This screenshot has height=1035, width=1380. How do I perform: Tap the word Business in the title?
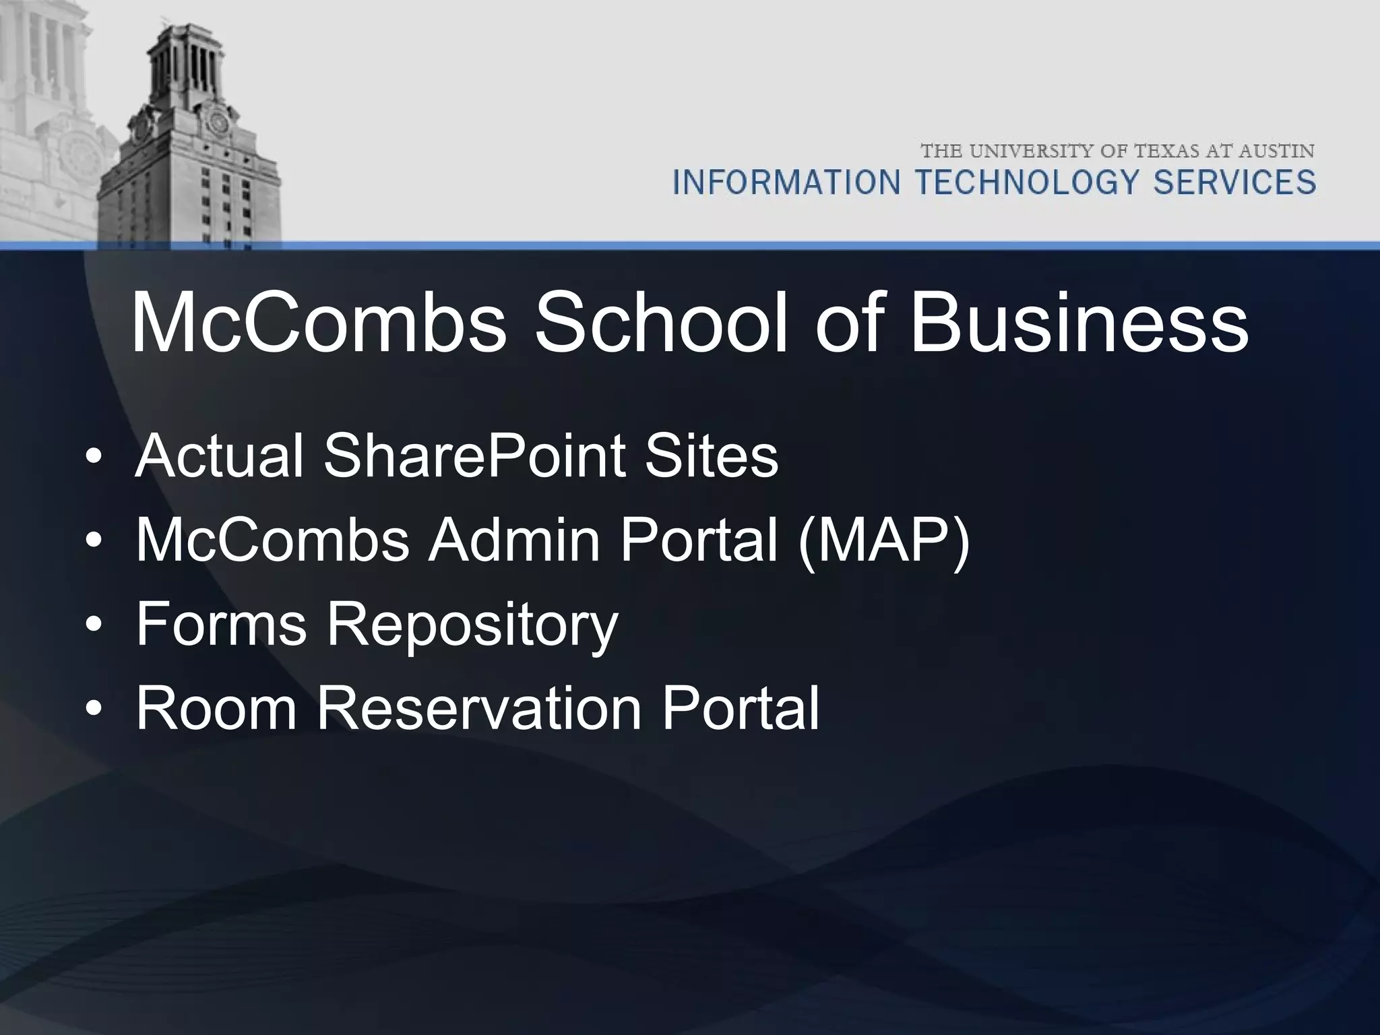[1079, 324]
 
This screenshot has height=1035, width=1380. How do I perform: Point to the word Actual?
[220, 456]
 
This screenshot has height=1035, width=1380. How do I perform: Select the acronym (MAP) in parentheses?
[883, 540]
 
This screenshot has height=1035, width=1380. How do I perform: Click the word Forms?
[222, 623]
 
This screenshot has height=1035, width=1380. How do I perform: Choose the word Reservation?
[478, 707]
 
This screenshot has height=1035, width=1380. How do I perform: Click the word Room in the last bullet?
[216, 707]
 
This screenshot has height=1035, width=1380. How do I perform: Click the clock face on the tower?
[218, 123]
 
